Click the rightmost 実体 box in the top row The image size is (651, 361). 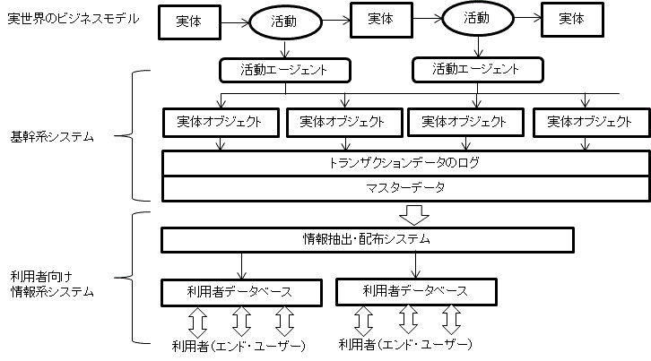click(570, 19)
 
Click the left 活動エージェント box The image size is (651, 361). click(283, 69)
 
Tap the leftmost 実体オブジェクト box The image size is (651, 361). click(219, 121)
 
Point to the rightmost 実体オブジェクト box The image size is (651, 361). click(587, 121)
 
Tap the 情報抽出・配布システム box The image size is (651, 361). click(367, 239)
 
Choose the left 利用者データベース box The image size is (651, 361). click(240, 291)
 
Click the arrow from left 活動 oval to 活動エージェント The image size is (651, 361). click(284, 48)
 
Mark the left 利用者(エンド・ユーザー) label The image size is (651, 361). click(239, 345)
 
